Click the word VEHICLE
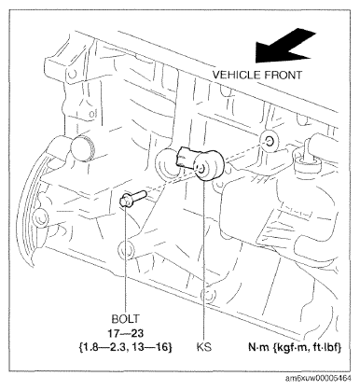[x=236, y=75]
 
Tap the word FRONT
[x=283, y=75]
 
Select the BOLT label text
[x=126, y=319]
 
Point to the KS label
[x=204, y=346]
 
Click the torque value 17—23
[x=126, y=333]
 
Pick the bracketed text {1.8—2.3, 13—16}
[x=126, y=347]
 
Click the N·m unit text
[x=258, y=347]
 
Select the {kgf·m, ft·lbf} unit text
[x=307, y=347]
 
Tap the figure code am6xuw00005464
[x=318, y=378]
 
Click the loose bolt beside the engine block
[x=132, y=199]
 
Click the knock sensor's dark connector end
[x=186, y=157]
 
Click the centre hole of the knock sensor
[x=201, y=169]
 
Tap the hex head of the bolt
[x=126, y=201]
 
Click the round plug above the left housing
[x=82, y=148]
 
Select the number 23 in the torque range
[x=137, y=333]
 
